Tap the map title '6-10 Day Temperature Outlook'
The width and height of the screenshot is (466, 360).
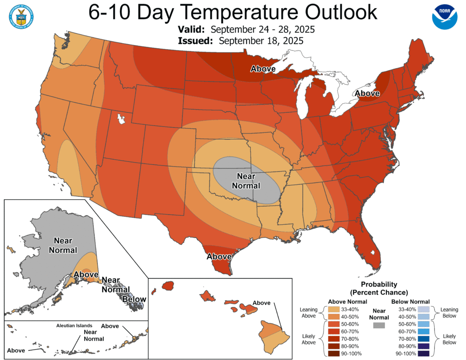233,13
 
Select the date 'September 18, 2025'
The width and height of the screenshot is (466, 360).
261,41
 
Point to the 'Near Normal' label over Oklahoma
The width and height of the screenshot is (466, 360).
246,181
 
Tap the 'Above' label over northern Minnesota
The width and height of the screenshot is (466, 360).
263,69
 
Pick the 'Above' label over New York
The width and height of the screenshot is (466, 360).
367,93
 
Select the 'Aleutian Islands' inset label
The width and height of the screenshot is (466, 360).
74,325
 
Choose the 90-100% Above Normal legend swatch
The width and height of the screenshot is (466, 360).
334,354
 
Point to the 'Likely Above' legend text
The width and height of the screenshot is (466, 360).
309,339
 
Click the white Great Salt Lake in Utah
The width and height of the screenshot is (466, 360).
121,120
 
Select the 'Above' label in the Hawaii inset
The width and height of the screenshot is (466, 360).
261,303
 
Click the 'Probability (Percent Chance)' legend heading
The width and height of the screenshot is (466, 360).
379,288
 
